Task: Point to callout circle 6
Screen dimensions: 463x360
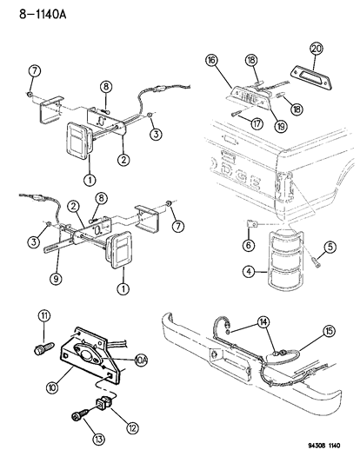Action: point(250,247)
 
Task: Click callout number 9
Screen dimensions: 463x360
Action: point(57,281)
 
